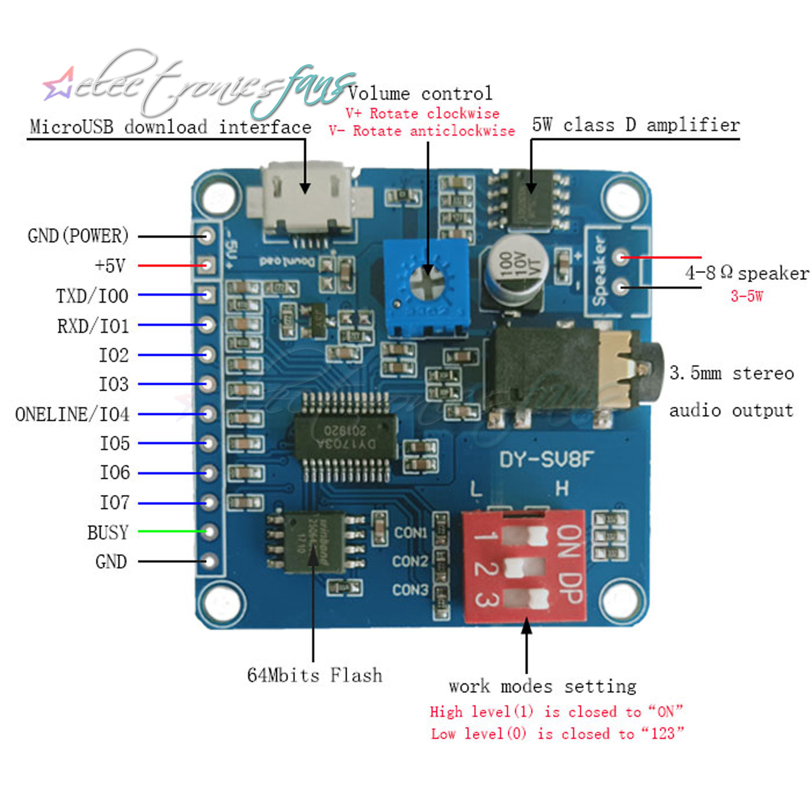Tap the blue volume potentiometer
click(x=426, y=287)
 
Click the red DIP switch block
click(x=524, y=566)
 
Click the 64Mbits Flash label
click(x=315, y=675)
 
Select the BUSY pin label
click(x=108, y=532)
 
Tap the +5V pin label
click(x=110, y=265)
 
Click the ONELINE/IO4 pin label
click(x=72, y=414)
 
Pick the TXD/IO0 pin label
click(x=92, y=296)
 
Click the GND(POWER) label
click(x=78, y=236)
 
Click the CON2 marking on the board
click(x=410, y=561)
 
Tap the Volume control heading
click(x=420, y=93)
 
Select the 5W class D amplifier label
click(x=636, y=125)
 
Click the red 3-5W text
click(x=747, y=296)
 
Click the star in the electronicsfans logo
click(x=59, y=84)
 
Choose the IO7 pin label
click(x=114, y=502)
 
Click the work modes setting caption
click(x=542, y=687)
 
